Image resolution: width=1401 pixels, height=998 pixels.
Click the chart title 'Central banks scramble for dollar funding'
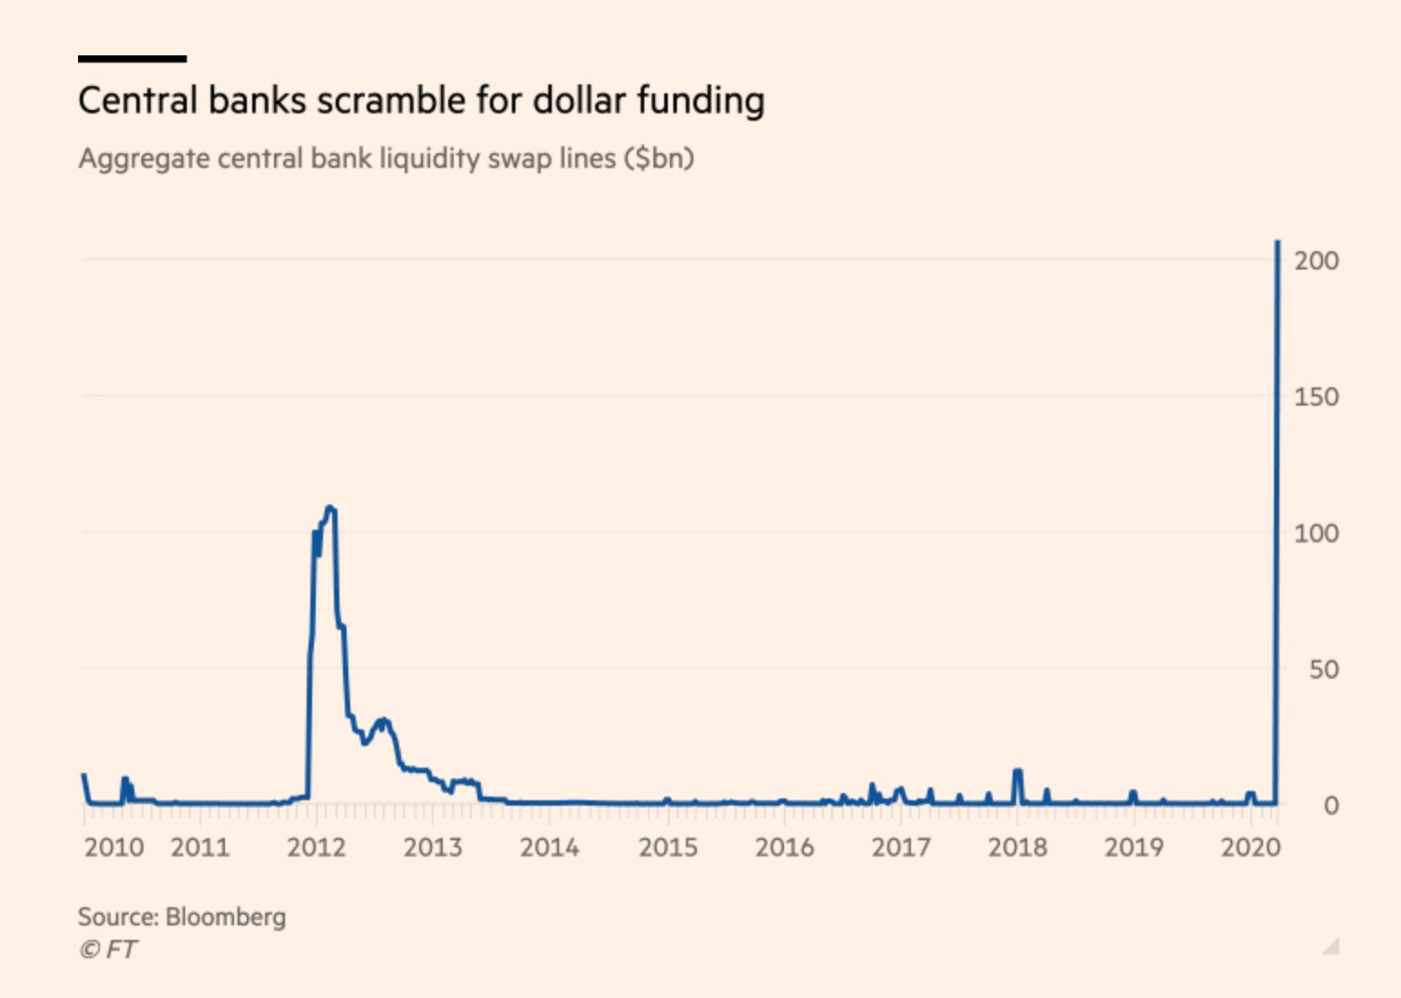[421, 101]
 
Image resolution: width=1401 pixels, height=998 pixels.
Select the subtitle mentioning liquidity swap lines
[386, 159]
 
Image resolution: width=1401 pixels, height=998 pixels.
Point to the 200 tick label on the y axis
[1316, 261]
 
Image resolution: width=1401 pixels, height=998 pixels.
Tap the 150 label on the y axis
[1316, 397]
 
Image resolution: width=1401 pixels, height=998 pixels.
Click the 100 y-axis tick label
[1316, 533]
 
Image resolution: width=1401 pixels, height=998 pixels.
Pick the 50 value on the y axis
[1323, 670]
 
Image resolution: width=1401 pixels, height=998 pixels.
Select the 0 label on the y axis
[1330, 806]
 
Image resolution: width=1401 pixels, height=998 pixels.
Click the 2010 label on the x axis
[113, 847]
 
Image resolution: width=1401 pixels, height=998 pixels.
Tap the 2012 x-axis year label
[316, 847]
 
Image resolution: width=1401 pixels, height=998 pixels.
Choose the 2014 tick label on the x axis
[549, 847]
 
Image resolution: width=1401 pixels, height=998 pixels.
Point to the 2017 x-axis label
[900, 847]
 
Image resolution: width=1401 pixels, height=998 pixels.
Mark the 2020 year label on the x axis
[1249, 847]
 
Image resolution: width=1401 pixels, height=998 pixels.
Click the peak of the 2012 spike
[330, 508]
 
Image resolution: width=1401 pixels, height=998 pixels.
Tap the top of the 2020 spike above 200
[1278, 242]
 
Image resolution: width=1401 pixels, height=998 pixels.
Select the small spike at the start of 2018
[1017, 772]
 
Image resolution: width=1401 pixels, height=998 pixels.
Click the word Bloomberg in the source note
[226, 917]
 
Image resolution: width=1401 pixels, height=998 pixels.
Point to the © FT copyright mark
[108, 950]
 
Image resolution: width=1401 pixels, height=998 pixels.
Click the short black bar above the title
[132, 59]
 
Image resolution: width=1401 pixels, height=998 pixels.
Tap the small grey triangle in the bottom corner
[1332, 947]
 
